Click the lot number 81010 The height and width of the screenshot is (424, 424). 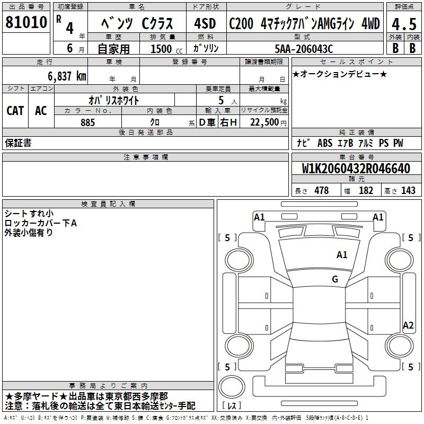pos(26,24)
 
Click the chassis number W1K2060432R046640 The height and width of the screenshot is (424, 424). pos(357,169)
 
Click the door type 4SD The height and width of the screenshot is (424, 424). pos(205,24)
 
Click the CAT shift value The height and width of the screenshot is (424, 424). pos(15,110)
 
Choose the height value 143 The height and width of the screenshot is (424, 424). pos(408,191)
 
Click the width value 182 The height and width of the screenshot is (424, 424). pos(366,191)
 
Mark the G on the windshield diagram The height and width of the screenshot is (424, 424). pos(335,279)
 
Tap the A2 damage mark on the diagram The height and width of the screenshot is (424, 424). pos(408,325)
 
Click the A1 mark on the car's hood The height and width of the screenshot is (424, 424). pos(342,255)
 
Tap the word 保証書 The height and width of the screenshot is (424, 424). pos(18,143)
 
